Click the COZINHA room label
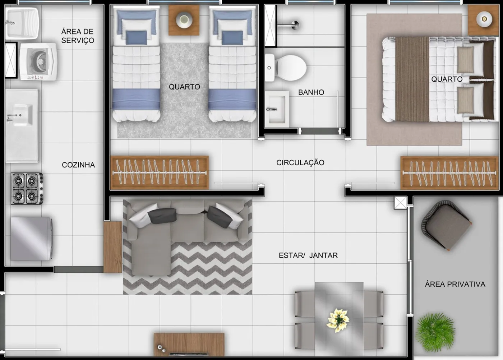click(78, 165)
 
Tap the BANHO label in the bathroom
click(311, 92)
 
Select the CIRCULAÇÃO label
click(300, 162)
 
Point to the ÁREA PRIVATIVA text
click(455, 284)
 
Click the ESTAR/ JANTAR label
click(308, 255)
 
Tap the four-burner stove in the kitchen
click(27, 189)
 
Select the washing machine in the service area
click(38, 61)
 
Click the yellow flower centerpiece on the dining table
click(338, 320)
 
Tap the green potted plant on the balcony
click(435, 332)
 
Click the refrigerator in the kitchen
click(32, 239)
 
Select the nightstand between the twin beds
click(184, 20)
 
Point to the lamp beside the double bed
click(484, 19)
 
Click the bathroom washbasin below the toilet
click(277, 109)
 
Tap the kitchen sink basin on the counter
click(22, 115)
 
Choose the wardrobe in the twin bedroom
click(160, 172)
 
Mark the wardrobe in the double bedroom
click(449, 173)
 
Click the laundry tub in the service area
click(22, 23)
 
